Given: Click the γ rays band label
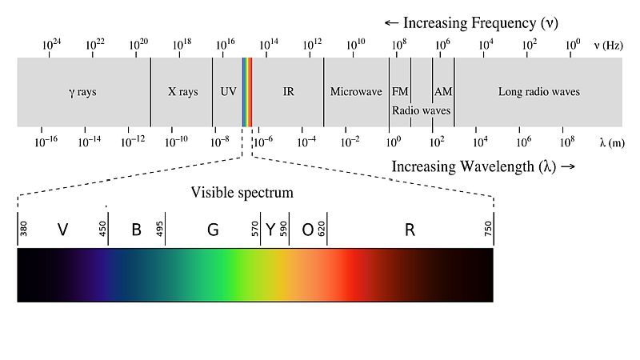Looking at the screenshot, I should click(x=82, y=92).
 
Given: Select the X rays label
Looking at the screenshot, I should click(x=182, y=92).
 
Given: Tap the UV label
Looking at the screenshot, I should click(x=228, y=92).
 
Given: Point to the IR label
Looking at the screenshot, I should click(x=288, y=92).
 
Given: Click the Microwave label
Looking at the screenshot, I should click(x=356, y=92).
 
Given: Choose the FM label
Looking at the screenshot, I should click(x=400, y=92).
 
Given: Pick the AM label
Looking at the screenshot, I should click(x=443, y=92).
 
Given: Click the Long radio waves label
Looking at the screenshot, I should click(x=539, y=92).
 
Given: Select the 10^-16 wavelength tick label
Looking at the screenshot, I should click(x=46, y=142).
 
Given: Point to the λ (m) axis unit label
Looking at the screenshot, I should click(x=611, y=142).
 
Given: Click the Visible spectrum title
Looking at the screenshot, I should click(x=242, y=193).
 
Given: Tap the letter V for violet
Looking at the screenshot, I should click(x=62, y=230).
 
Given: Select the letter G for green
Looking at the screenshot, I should click(x=213, y=230).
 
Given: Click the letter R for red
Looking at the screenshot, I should click(x=410, y=230).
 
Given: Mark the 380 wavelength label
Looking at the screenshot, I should click(x=23, y=230).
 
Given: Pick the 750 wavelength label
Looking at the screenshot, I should click(x=488, y=230).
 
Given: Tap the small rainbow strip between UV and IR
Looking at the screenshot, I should click(x=247, y=92).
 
